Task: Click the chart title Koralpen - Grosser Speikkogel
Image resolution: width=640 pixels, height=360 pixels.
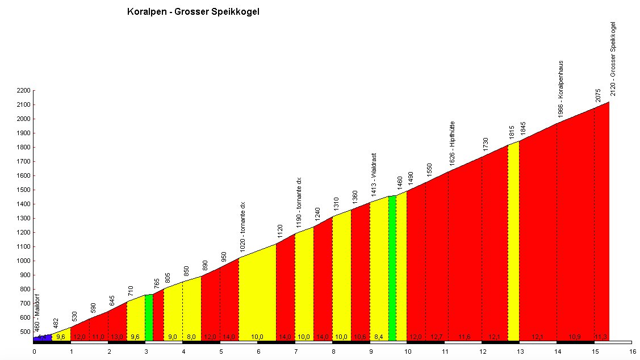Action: click(194, 11)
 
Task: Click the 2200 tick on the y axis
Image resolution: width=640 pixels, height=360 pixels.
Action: click(23, 91)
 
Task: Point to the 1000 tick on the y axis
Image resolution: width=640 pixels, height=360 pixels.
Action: click(23, 261)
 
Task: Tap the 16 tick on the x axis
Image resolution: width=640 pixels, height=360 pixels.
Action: click(631, 351)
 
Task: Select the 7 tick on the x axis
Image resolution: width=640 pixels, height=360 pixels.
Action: click(295, 351)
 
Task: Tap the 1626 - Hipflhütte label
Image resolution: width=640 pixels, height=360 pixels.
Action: click(452, 146)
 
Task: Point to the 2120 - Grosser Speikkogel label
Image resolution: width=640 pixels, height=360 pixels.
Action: click(613, 58)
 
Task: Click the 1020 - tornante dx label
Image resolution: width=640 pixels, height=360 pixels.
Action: click(242, 227)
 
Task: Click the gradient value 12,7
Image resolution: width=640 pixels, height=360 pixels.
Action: click(436, 337)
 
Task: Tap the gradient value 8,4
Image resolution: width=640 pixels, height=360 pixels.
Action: click(378, 337)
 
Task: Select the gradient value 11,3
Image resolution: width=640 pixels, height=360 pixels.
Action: click(601, 337)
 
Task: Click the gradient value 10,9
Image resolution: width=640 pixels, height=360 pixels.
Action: click(575, 337)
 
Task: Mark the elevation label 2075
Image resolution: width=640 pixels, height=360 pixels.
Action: click(597, 96)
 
